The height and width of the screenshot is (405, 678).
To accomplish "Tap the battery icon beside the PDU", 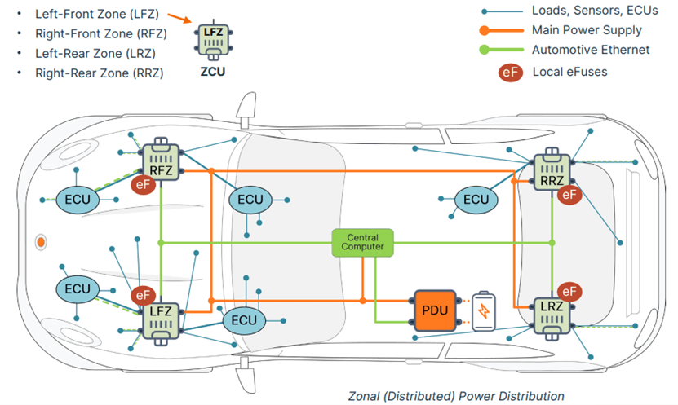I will pos(485,311).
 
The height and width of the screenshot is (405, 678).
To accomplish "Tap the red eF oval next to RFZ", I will pos(144,185).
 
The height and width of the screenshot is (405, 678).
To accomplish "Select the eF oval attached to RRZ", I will pos(569,194).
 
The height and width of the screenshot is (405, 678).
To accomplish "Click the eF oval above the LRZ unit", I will pos(568,291).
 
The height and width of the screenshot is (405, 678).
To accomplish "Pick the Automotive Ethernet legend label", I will pos(591,50).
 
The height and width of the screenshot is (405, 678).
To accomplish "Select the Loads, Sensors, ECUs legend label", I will pos(594,11).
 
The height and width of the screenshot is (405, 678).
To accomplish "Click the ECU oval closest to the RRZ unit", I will pos(476,200).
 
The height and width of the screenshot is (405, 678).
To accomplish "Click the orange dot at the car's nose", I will pos(40,242).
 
